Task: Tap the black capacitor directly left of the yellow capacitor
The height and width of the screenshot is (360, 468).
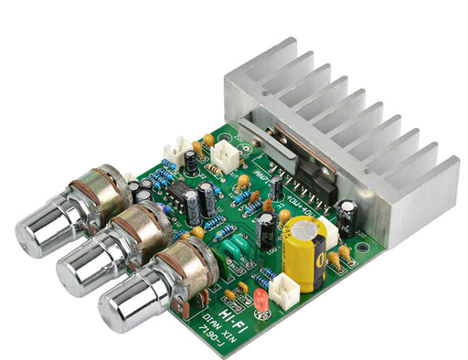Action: [x=266, y=233]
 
